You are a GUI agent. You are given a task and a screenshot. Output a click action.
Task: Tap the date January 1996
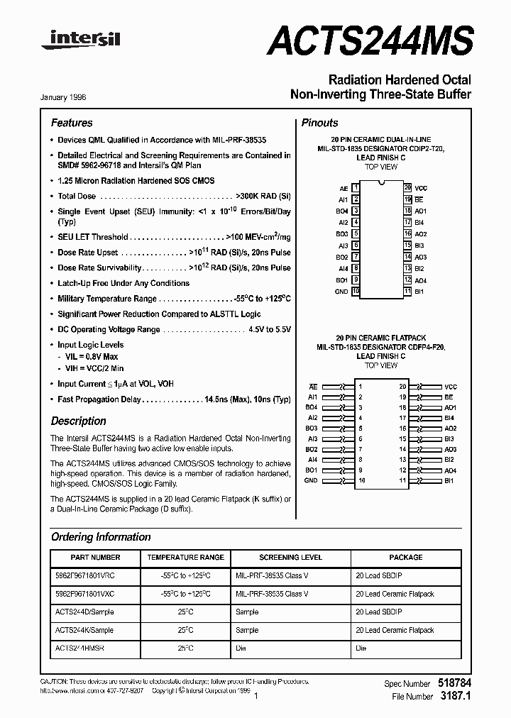tap(69, 96)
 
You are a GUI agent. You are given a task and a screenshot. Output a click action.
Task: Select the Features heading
tap(72, 123)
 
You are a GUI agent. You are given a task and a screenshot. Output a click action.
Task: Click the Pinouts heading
tap(319, 123)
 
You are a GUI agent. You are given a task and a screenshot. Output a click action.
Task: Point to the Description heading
tap(78, 421)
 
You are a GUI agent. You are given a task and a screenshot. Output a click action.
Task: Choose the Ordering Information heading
tap(101, 537)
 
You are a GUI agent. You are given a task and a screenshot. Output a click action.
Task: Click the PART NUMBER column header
tap(96, 558)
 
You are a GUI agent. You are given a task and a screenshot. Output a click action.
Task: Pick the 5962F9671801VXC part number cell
tap(84, 594)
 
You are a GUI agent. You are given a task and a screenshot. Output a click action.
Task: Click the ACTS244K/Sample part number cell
tap(84, 630)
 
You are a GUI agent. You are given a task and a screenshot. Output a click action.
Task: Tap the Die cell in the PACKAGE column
tap(361, 648)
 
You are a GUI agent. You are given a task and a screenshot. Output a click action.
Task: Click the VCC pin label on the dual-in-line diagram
tap(421, 188)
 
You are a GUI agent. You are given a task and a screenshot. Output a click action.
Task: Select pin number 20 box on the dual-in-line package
tap(407, 188)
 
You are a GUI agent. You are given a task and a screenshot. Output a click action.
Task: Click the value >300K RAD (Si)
tap(263, 196)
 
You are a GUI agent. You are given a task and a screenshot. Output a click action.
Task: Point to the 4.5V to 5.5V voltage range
tap(270, 330)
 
